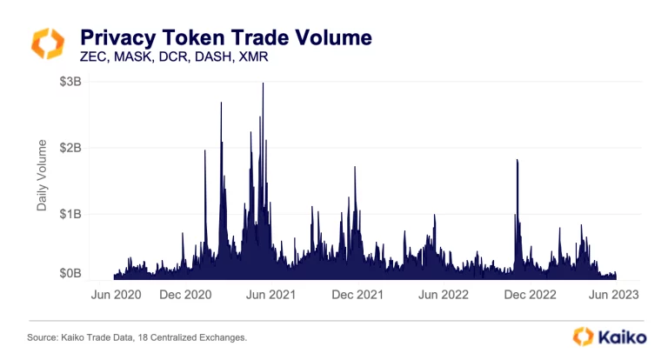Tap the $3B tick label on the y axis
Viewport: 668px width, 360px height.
point(70,83)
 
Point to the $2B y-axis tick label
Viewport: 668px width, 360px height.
point(70,148)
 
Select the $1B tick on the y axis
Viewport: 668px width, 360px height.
point(70,213)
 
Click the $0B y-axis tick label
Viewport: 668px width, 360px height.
point(70,274)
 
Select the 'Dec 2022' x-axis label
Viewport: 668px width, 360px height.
point(527,294)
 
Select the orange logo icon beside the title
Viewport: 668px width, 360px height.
point(47,43)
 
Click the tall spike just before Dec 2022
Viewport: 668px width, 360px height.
point(518,162)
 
